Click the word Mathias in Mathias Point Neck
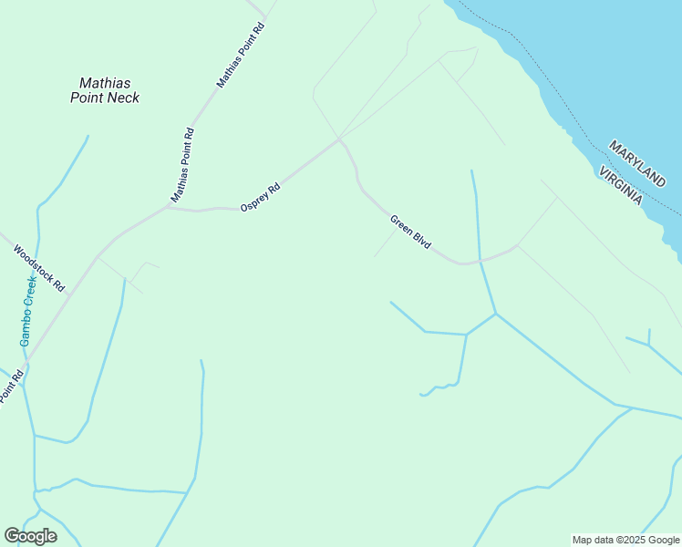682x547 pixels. pyautogui.click(x=105, y=83)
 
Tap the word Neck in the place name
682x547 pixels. pyautogui.click(x=123, y=98)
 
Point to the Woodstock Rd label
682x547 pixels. pyautogui.click(x=41, y=266)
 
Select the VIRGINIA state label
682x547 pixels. pyautogui.click(x=621, y=186)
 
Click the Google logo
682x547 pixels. pyautogui.click(x=30, y=536)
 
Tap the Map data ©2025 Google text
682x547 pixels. pyautogui.click(x=626, y=540)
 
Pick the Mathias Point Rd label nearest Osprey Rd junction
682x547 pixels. pyautogui.click(x=182, y=165)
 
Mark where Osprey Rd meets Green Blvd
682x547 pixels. pyautogui.click(x=340, y=139)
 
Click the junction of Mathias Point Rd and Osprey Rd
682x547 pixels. pyautogui.click(x=168, y=206)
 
